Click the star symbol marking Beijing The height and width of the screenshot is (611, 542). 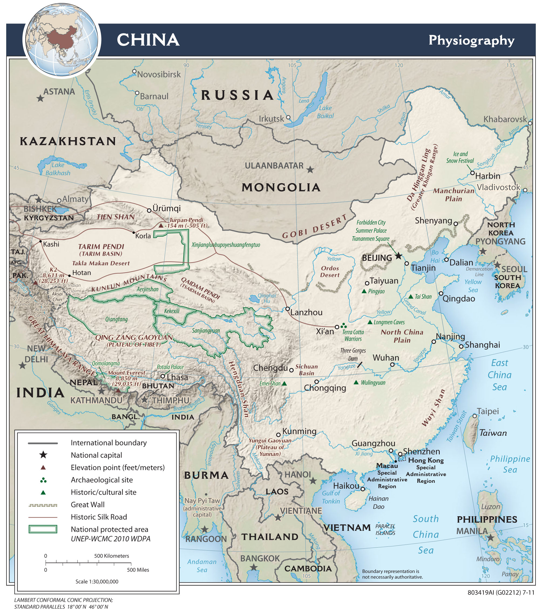399,256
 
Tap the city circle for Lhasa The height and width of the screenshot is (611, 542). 163,376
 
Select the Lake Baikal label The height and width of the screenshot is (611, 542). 325,112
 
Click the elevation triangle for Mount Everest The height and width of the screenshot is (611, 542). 118,390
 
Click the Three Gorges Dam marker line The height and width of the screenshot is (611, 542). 360,365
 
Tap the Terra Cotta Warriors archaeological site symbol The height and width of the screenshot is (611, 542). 344,325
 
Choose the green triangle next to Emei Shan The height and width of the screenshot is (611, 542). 284,383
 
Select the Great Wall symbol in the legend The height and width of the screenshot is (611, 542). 43,505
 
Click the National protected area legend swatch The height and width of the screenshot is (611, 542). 43,529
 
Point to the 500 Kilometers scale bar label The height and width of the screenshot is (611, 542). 111,556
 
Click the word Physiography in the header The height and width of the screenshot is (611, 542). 471,40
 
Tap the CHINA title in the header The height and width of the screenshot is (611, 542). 148,40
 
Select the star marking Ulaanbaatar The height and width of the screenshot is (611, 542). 310,170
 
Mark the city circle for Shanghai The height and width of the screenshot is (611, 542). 461,346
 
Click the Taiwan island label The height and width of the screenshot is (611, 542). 493,433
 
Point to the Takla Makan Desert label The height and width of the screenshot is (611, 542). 101,263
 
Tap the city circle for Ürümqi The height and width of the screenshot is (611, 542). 149,210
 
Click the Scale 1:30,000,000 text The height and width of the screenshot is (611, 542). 97,582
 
